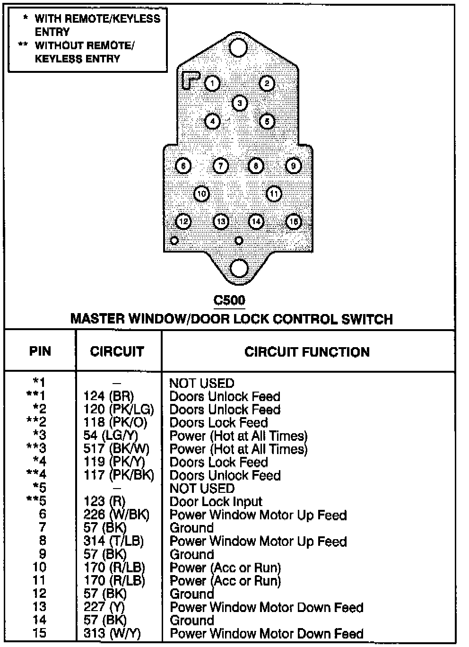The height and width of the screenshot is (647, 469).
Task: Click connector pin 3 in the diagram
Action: (x=240, y=103)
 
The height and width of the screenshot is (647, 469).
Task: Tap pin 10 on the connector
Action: (x=202, y=193)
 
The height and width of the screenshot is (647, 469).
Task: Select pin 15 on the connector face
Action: (x=294, y=221)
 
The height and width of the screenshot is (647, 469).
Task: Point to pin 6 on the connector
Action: (x=183, y=166)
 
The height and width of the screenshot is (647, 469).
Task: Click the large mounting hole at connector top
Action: (x=238, y=48)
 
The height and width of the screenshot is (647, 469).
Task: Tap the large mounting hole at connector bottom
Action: (x=239, y=268)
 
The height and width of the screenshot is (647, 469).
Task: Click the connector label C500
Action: (x=229, y=300)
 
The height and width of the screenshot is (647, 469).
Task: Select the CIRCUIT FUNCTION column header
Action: (x=307, y=352)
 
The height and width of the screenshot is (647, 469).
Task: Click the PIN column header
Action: (x=40, y=351)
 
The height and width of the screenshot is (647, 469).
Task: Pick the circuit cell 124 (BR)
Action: (x=108, y=396)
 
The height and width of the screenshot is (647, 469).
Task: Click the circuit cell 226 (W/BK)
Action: (x=116, y=515)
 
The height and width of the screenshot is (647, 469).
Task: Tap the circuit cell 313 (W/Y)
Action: (x=112, y=634)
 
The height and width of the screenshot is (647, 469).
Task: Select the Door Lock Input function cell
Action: (x=216, y=502)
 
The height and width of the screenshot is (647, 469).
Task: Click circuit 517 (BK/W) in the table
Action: (x=116, y=448)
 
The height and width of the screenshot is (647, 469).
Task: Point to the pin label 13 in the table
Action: (x=39, y=607)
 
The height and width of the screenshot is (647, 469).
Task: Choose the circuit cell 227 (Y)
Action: (x=104, y=607)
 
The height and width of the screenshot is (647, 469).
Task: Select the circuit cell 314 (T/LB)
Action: (x=113, y=541)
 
